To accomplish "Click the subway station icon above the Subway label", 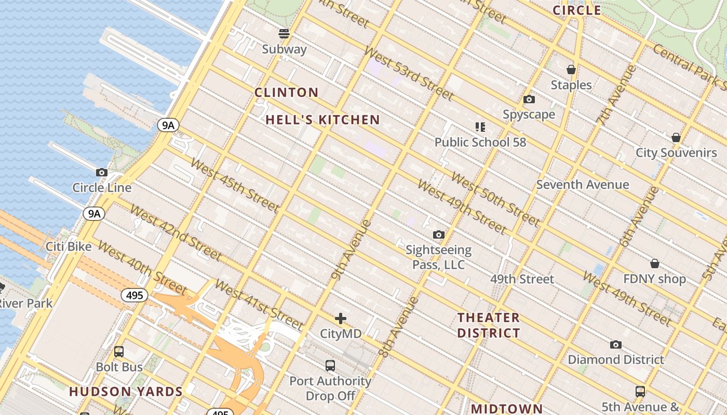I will click(284, 34).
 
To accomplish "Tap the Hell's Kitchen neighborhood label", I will click(322, 120).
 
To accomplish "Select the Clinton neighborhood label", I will click(286, 92).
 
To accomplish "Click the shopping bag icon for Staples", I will click(571, 70).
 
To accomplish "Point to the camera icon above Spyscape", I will click(529, 99).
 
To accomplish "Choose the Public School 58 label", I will click(480, 142).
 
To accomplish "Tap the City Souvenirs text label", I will click(676, 153).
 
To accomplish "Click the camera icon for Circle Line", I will click(102, 172).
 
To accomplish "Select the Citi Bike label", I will click(69, 246).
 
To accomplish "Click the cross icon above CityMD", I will click(341, 318).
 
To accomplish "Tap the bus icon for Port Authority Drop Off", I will click(330, 365).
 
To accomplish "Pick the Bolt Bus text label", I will click(119, 367).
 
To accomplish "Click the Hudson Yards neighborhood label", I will click(126, 392).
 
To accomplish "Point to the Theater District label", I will click(489, 325).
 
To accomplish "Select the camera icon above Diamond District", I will click(616, 344).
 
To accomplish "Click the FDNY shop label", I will click(654, 279).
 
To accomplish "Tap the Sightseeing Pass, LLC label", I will click(438, 257).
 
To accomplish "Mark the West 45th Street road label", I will click(235, 185).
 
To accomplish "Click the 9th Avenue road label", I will click(352, 250).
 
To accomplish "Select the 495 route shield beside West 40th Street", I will click(134, 296).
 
